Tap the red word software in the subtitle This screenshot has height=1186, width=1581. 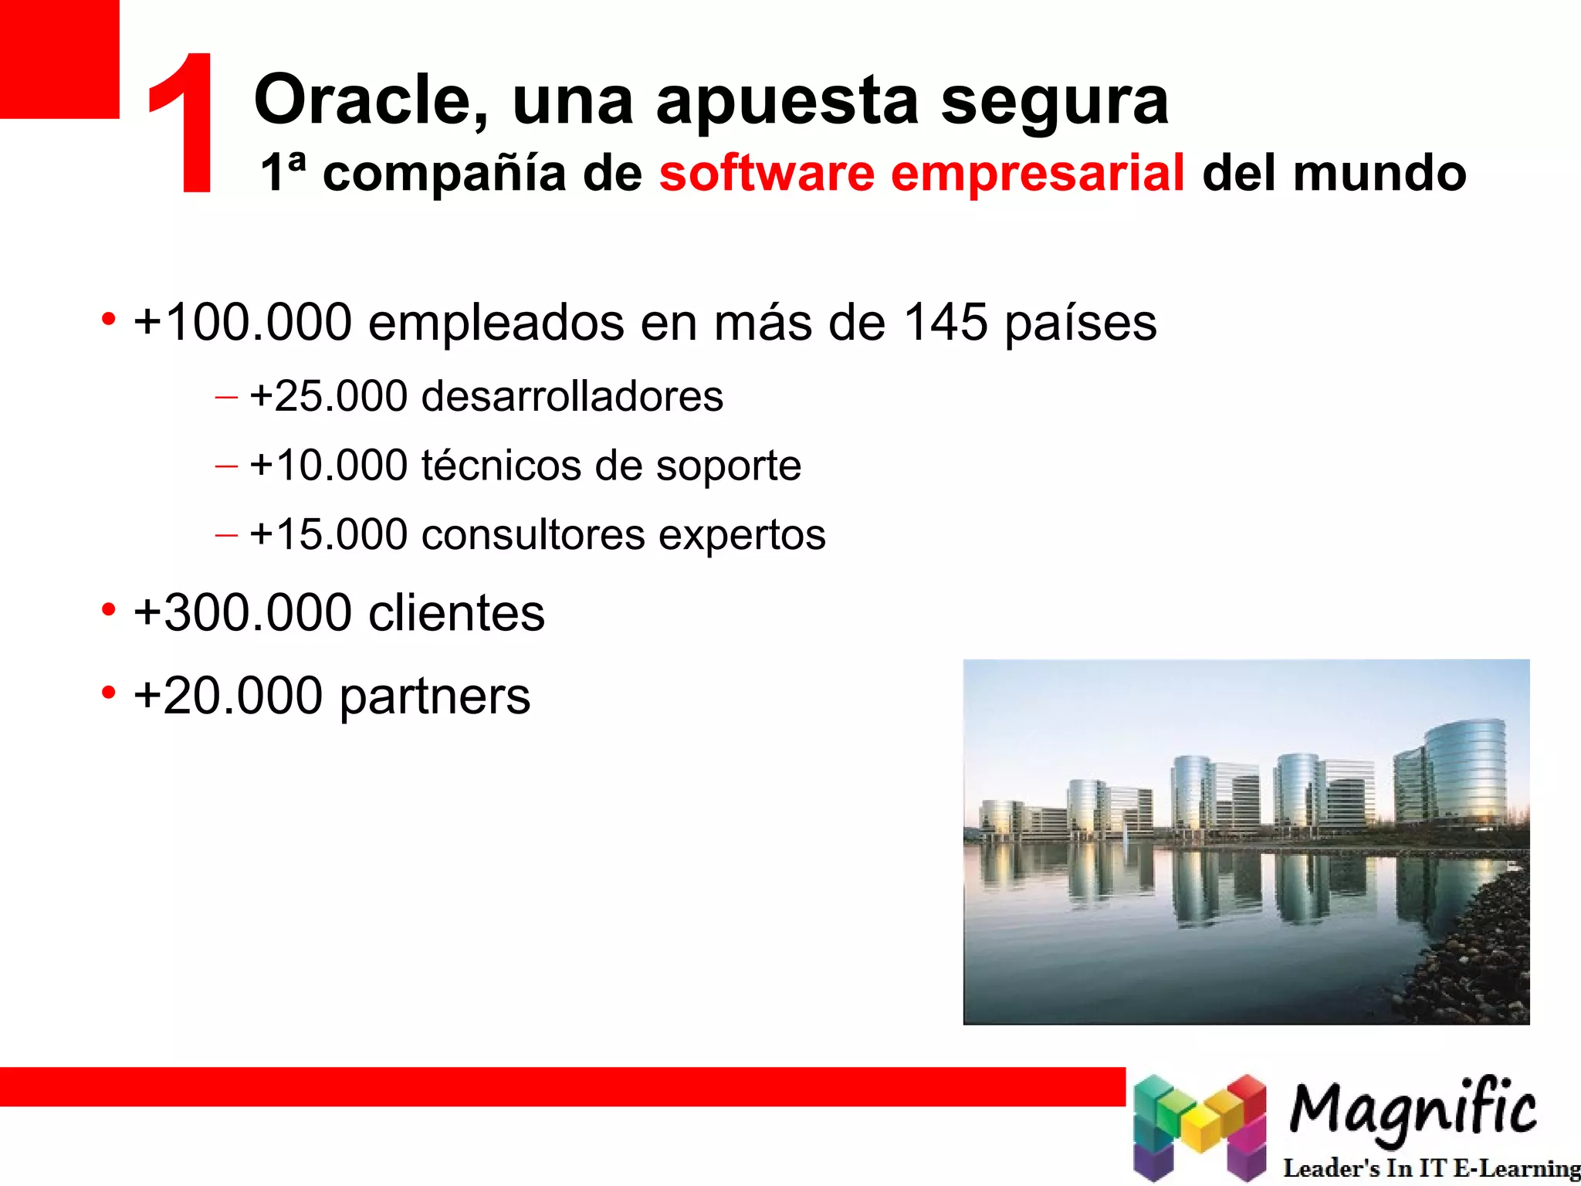tap(766, 173)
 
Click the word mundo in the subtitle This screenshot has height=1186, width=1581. tap(1380, 173)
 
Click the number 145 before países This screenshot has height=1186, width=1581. tap(946, 322)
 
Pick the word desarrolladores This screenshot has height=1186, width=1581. tap(572, 397)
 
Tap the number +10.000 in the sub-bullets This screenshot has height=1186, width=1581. tap(329, 466)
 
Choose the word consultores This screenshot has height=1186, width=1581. tap(533, 535)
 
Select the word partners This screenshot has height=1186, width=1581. tap(435, 697)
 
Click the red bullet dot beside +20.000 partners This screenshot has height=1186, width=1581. tap(109, 693)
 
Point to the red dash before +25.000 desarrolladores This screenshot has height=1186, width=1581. tap(226, 398)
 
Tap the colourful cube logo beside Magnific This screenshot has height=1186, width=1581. tap(1199, 1127)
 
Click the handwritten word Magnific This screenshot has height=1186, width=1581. tap(1413, 1110)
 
